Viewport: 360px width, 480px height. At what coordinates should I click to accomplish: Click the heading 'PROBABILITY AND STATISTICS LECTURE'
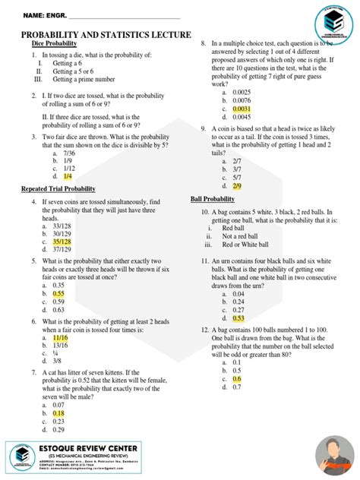click(106, 36)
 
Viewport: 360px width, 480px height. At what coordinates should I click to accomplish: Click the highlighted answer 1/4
click(68, 175)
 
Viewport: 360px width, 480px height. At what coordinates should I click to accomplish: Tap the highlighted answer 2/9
click(237, 185)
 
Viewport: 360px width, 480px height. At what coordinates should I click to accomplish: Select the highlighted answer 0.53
click(238, 319)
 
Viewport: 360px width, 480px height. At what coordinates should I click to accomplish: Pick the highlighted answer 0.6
click(236, 378)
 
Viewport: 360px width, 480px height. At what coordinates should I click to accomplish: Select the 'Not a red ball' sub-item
click(244, 236)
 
